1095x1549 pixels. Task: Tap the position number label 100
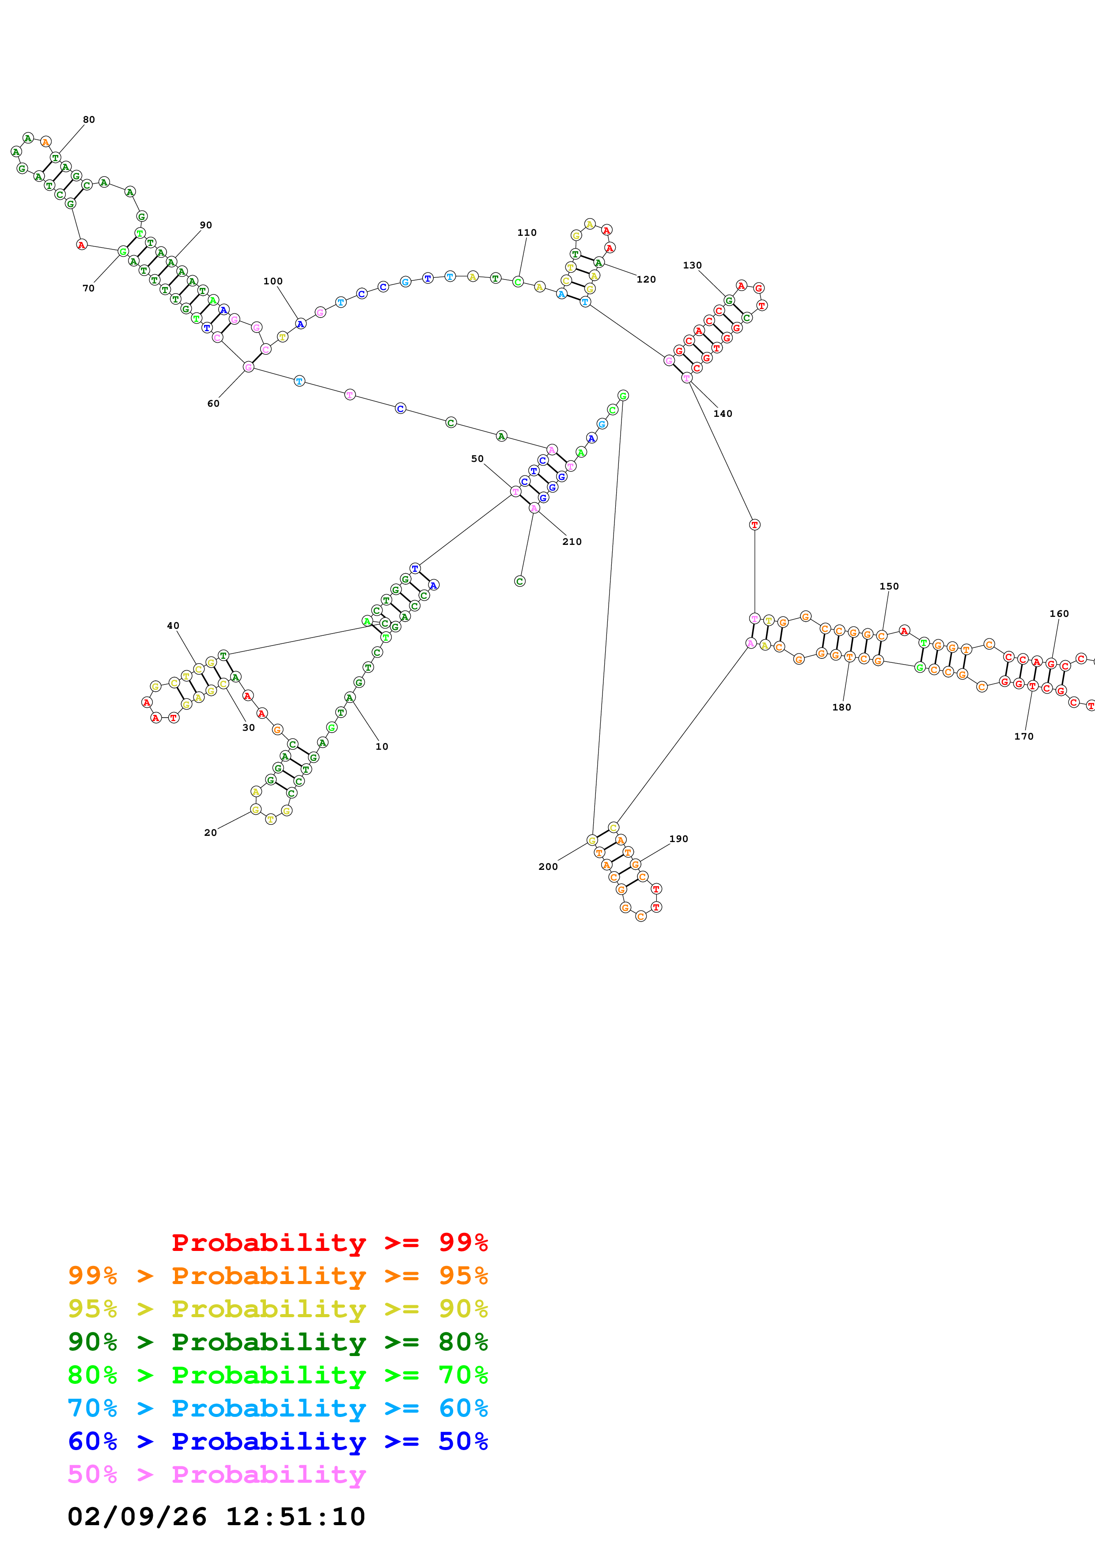(x=273, y=281)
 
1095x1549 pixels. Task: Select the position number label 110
(x=527, y=233)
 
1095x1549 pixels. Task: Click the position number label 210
(x=572, y=542)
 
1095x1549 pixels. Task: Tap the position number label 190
(x=679, y=839)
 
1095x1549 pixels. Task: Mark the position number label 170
(x=1023, y=737)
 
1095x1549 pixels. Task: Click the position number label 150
(x=889, y=586)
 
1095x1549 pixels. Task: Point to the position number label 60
(x=213, y=404)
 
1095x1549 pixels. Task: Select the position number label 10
(x=382, y=747)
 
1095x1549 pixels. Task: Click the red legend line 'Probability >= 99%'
(x=329, y=1243)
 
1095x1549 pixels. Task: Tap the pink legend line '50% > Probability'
(x=216, y=1475)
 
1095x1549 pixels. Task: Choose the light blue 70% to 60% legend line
(x=277, y=1409)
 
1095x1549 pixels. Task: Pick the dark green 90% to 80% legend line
(x=277, y=1342)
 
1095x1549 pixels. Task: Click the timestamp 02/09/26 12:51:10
(x=216, y=1517)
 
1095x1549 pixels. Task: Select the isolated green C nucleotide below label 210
(x=519, y=582)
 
